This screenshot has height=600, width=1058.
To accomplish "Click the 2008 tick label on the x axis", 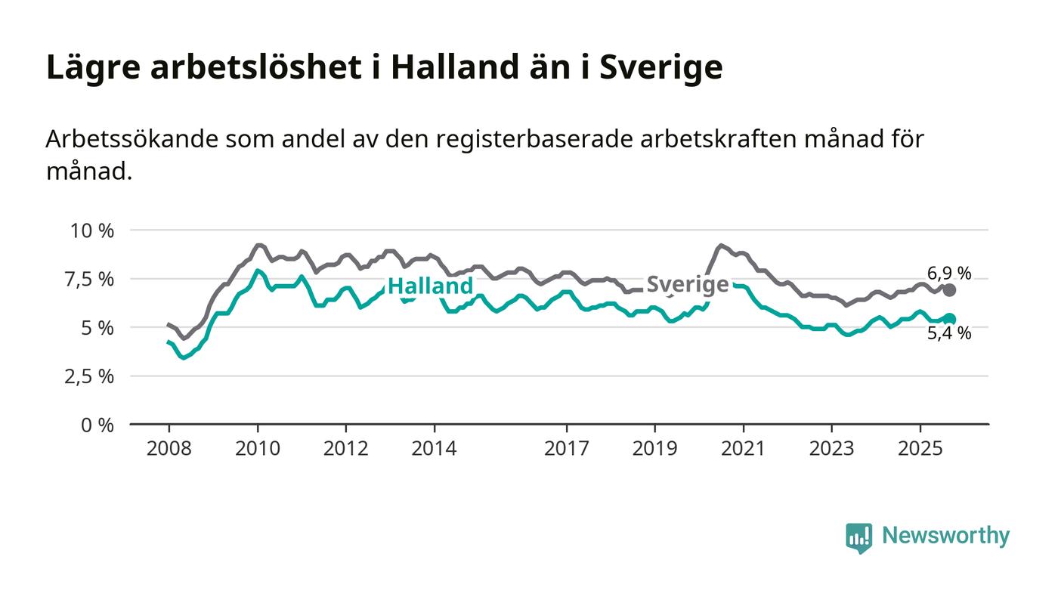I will pos(169,449).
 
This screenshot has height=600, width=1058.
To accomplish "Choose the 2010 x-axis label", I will pos(258,449).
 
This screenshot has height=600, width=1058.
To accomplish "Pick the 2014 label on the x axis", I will pos(434,449).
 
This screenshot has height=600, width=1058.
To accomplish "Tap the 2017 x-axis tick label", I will pos(567,449).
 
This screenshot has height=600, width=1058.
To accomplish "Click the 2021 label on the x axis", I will pos(743,449).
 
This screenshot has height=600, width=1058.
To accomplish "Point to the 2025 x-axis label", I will pos(920,449).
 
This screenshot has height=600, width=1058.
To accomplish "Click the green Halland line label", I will pos(430,286).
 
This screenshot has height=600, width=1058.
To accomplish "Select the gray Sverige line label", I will pos(688,285).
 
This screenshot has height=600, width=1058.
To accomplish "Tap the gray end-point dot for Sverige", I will pos(950,290).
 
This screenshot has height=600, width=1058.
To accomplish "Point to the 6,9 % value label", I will pos(949,274).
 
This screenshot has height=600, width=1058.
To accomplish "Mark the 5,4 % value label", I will pos(949,334).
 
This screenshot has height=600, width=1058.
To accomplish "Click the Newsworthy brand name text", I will pos(945,537).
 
